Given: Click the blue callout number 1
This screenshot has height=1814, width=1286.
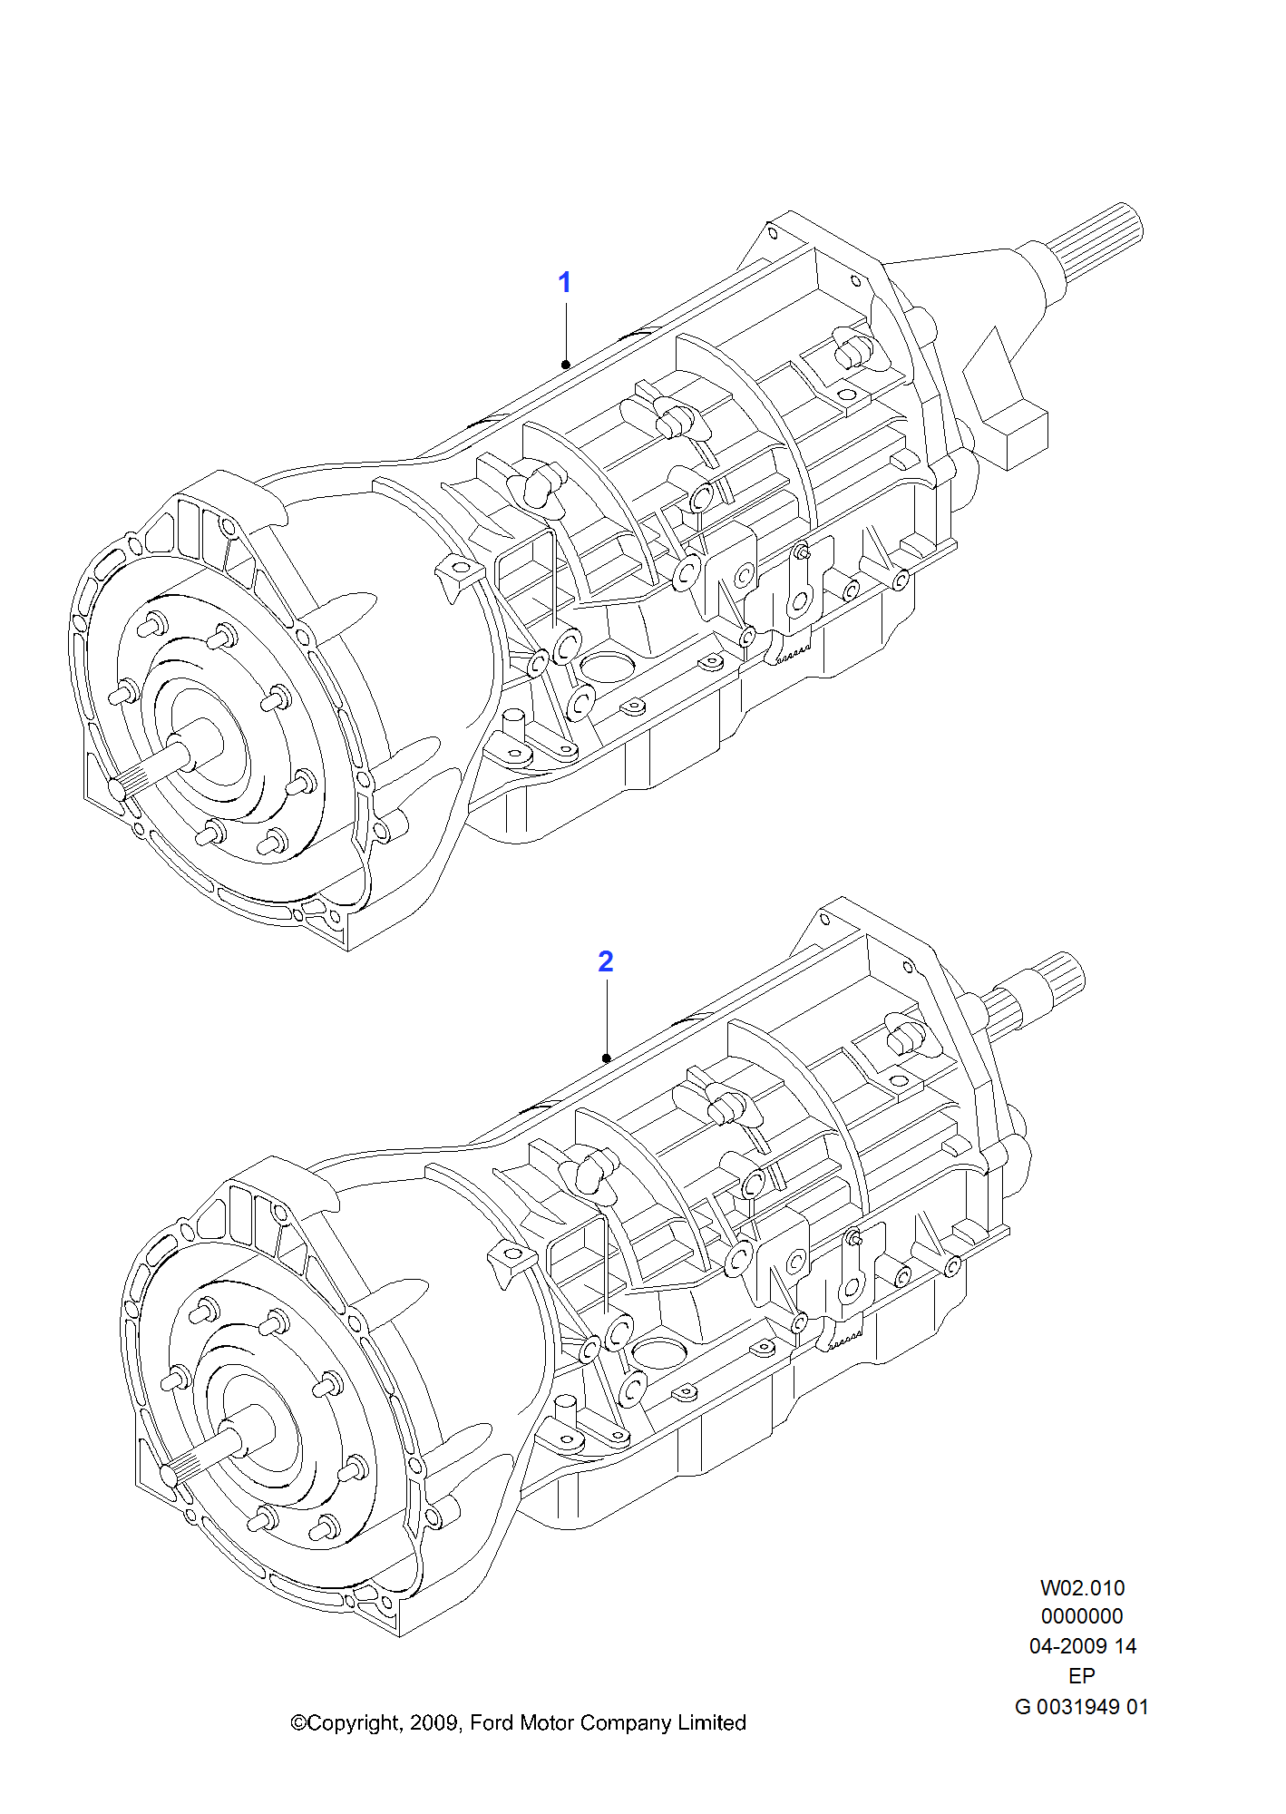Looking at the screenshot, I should tap(564, 282).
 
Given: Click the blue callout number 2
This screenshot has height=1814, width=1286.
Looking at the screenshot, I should tap(606, 961).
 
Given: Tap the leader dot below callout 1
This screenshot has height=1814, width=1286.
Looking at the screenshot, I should tap(566, 365).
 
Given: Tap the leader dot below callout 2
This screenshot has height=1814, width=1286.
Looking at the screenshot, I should tap(607, 1058).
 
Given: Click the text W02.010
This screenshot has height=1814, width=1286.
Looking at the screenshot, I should tap(1082, 1587).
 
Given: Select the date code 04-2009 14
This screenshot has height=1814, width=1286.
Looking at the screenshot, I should tap(1082, 1645).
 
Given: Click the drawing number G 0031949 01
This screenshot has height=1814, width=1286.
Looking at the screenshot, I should tap(1081, 1706).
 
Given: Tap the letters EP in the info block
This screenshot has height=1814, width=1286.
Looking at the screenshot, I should tap(1082, 1675).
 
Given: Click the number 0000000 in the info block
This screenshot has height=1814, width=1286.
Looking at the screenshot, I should tap(1082, 1616).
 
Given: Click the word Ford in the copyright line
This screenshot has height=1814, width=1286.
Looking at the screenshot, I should tap(492, 1722).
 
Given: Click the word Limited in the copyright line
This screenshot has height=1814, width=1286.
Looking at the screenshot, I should tap(711, 1722).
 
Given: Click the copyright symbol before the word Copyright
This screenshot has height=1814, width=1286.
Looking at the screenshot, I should tap(298, 1723).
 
